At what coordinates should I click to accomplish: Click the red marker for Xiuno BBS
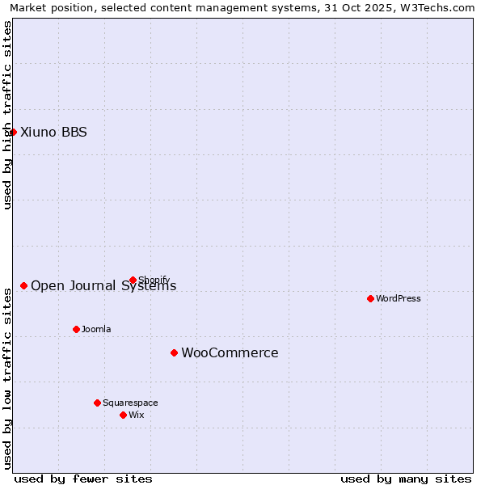pyautogui.click(x=13, y=132)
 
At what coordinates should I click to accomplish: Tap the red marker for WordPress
pyautogui.click(x=370, y=298)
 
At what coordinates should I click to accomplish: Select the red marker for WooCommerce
pyautogui.click(x=174, y=352)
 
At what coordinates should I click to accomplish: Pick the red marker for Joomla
pyautogui.click(x=76, y=329)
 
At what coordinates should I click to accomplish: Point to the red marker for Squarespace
pyautogui.click(x=97, y=403)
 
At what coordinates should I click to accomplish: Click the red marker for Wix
pyautogui.click(x=123, y=415)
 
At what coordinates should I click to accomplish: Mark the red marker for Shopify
pyautogui.click(x=133, y=280)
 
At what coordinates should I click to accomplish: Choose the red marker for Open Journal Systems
pyautogui.click(x=23, y=285)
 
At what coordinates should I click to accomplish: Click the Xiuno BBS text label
pyautogui.click(x=53, y=132)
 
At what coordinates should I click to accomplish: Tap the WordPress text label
pyautogui.click(x=399, y=298)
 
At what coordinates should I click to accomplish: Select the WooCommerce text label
pyautogui.click(x=230, y=352)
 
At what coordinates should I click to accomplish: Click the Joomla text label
pyautogui.click(x=96, y=329)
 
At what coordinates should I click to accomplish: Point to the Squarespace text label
pyautogui.click(x=130, y=403)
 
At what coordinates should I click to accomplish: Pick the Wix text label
pyautogui.click(x=136, y=415)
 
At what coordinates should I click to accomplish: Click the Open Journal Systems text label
pyautogui.click(x=103, y=285)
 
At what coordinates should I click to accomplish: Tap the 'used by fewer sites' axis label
pyautogui.click(x=83, y=479)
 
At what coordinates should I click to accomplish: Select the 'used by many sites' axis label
pyautogui.click(x=406, y=479)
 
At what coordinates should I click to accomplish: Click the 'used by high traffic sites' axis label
pyautogui.click(x=7, y=115)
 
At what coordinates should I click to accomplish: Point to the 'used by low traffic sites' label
pyautogui.click(x=7, y=377)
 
